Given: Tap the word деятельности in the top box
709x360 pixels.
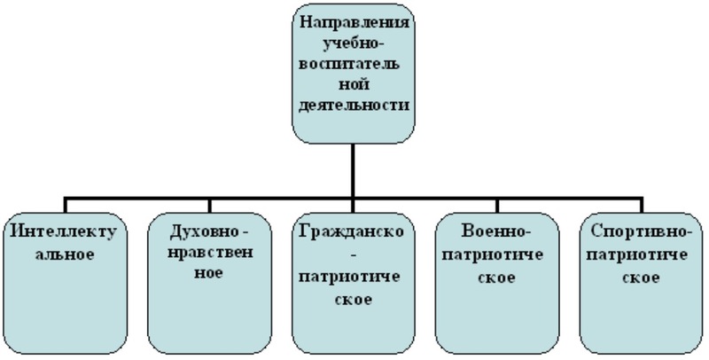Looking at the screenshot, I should (353, 104).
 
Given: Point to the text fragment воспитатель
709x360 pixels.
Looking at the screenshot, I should (353, 63).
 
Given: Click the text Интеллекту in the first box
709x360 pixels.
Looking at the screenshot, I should (65, 231).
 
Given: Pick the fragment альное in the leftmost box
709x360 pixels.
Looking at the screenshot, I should (65, 254).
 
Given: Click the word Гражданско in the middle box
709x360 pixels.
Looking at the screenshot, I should (353, 231).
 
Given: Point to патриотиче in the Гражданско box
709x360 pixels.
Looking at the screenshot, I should (353, 276).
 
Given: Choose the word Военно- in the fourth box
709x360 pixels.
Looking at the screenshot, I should (496, 231).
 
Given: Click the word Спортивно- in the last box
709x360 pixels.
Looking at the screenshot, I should (639, 231).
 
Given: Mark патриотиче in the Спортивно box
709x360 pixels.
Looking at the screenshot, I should (639, 254).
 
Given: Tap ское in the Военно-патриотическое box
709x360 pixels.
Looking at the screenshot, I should (496, 276).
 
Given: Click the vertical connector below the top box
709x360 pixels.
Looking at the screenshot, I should (353, 164).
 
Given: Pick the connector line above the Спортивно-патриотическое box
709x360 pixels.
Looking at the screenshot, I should (638, 199).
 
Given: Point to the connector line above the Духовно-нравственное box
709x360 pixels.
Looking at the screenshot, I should (208, 199).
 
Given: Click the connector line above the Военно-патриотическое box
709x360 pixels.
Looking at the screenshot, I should (496, 199).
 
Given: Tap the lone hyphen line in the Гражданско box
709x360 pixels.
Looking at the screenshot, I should (353, 254).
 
